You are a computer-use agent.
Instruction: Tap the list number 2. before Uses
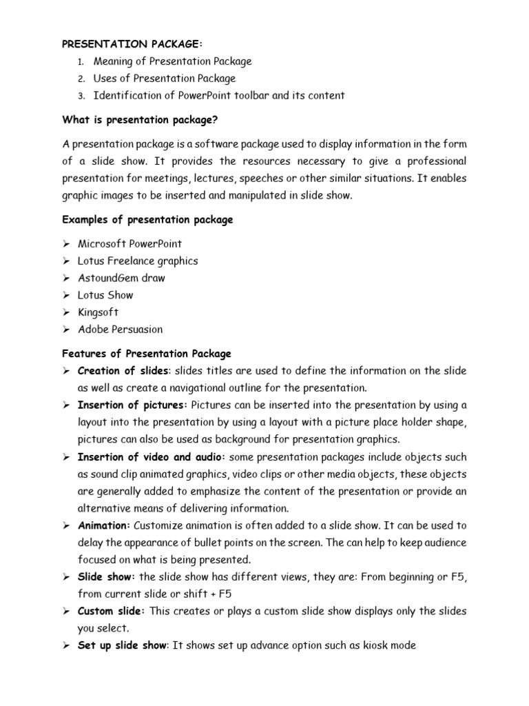[81, 79]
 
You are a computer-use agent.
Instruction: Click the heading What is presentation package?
[140, 120]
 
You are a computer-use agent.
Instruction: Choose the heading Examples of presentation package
[147, 220]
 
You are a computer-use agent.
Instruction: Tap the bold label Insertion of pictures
[132, 405]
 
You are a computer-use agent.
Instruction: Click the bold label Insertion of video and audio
[151, 457]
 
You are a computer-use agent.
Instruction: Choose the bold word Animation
[104, 526]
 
